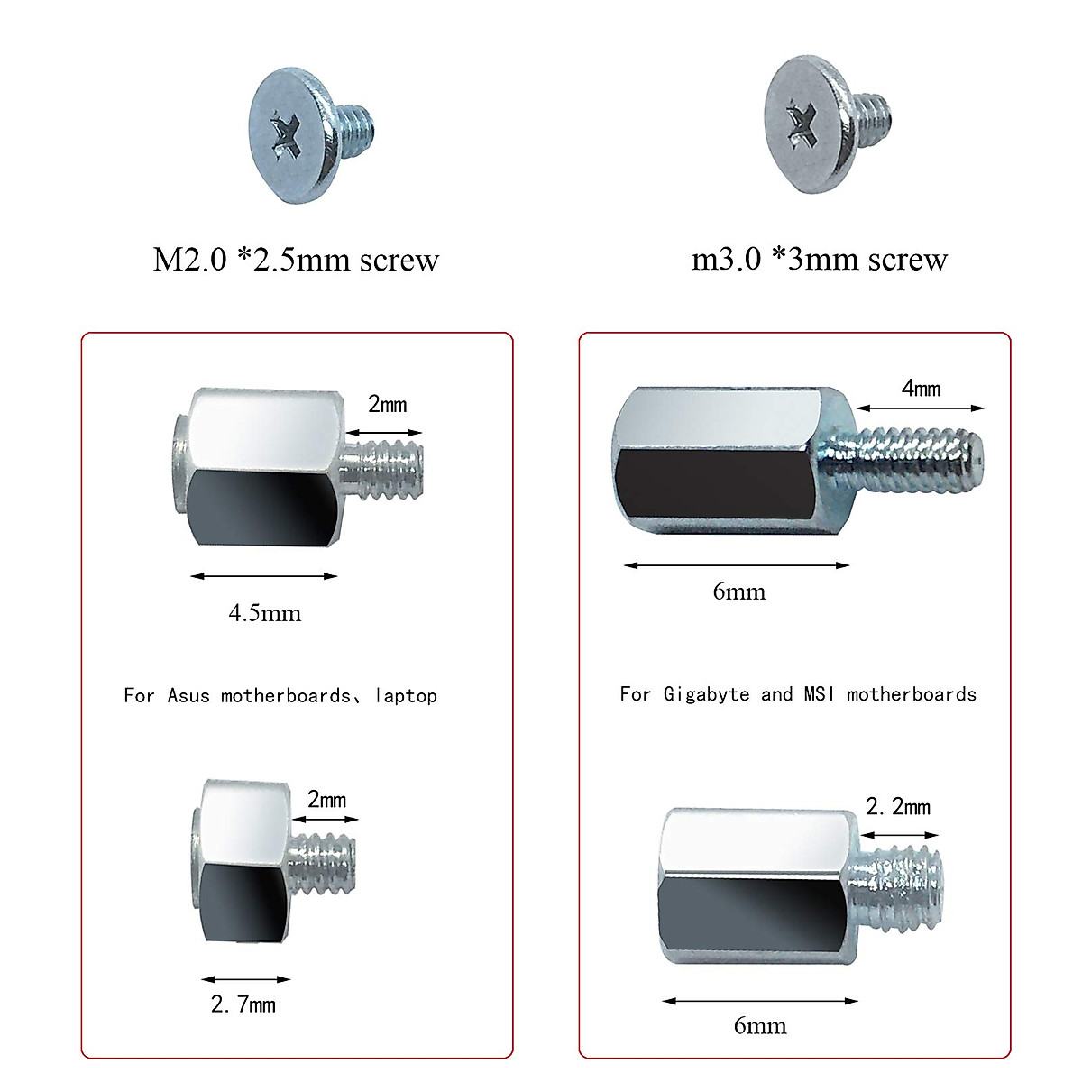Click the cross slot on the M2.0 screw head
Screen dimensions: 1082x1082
tap(287, 133)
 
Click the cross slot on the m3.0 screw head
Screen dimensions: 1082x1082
tap(801, 123)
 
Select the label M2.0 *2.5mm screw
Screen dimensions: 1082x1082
tap(296, 260)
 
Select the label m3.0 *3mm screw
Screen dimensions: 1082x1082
tap(819, 260)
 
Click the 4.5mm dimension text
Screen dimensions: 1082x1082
tap(264, 613)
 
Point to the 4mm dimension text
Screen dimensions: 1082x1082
tap(921, 388)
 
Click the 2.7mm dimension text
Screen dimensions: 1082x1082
tap(243, 1004)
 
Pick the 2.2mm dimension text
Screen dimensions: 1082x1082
tap(898, 806)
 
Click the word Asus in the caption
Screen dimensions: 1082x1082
tap(188, 695)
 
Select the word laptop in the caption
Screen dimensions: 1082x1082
tap(406, 695)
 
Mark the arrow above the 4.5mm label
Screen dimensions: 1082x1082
tap(264, 575)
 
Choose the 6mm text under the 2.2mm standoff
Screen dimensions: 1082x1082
tap(759, 1025)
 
